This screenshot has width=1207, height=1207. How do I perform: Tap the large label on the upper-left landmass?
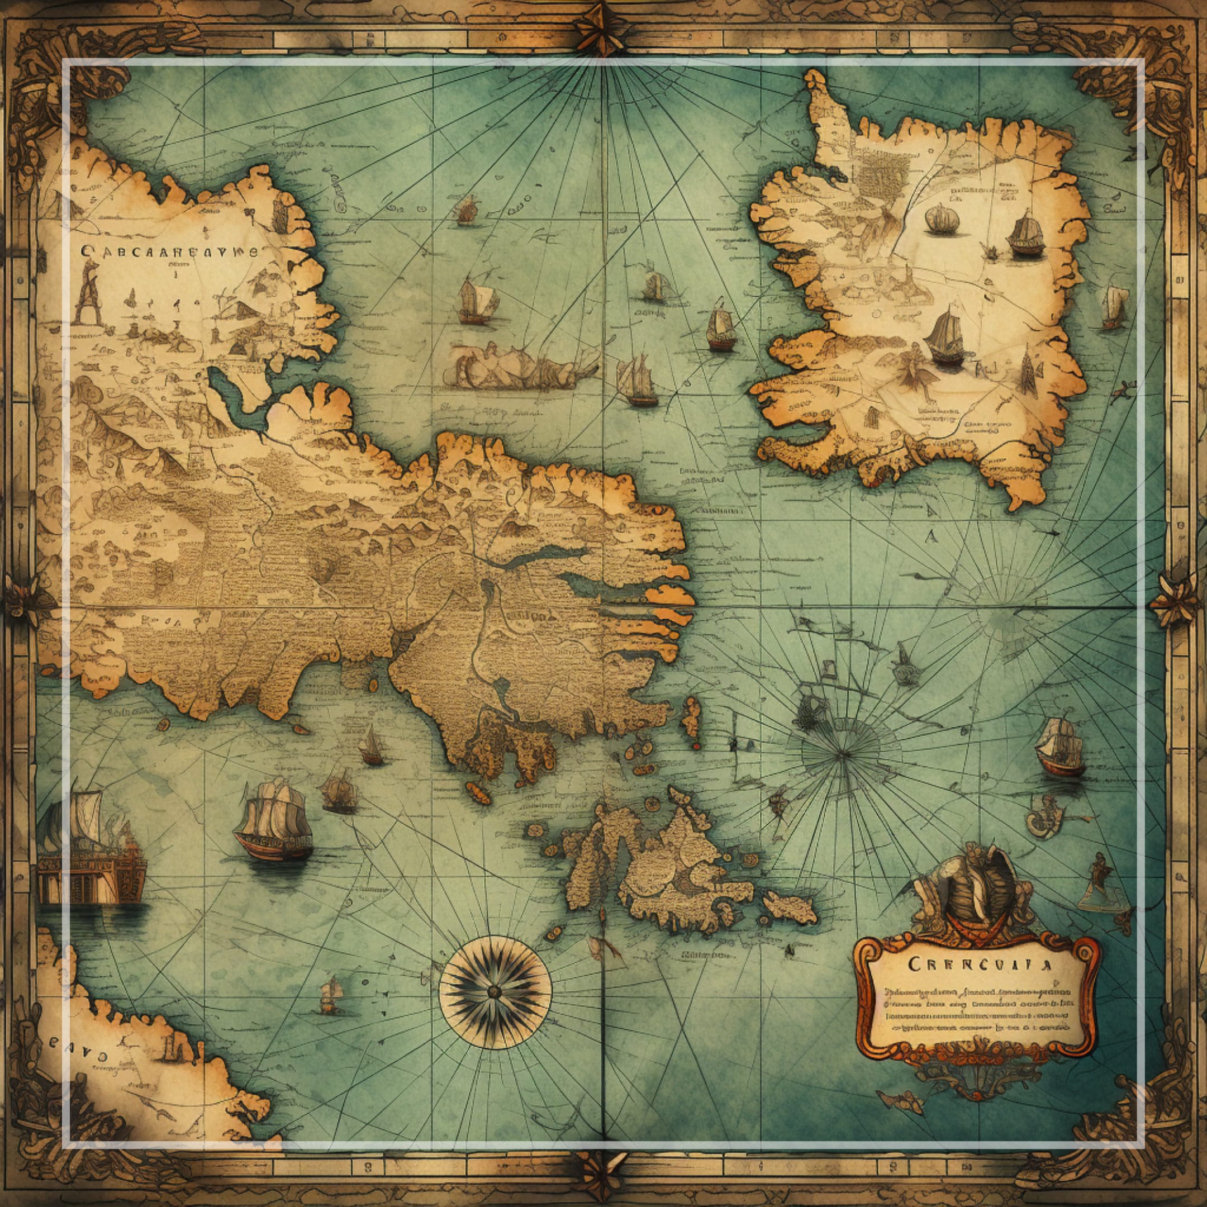(x=169, y=252)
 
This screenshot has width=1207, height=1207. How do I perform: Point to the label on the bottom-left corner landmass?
(x=78, y=1057)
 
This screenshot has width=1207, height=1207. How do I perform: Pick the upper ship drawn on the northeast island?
(x=1027, y=234)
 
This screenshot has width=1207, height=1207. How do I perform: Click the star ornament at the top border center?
(x=603, y=28)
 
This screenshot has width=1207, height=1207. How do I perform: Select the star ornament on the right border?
(x=1177, y=600)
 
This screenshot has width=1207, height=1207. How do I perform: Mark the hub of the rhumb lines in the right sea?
(x=842, y=754)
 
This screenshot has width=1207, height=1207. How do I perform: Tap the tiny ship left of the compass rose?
(x=332, y=994)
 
